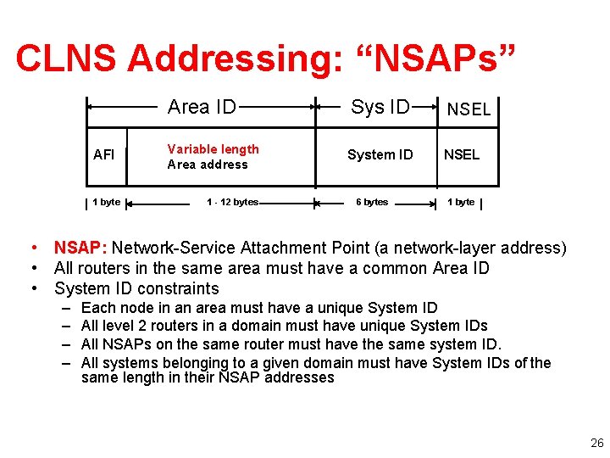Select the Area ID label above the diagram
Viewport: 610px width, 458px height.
[202, 107]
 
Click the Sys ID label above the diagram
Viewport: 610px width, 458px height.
[380, 107]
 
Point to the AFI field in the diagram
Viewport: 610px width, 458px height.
[104, 155]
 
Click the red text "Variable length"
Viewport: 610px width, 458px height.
[213, 149]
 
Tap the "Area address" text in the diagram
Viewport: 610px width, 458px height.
[208, 165]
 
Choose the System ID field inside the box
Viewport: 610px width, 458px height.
[380, 154]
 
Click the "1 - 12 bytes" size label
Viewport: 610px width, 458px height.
[233, 202]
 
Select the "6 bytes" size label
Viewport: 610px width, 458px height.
[372, 202]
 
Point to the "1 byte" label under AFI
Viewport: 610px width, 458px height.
[106, 202]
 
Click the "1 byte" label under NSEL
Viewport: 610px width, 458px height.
[461, 202]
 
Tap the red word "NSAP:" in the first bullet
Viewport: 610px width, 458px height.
[80, 249]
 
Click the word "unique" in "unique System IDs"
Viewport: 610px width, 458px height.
[382, 326]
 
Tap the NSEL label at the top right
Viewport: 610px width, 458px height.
[469, 109]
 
